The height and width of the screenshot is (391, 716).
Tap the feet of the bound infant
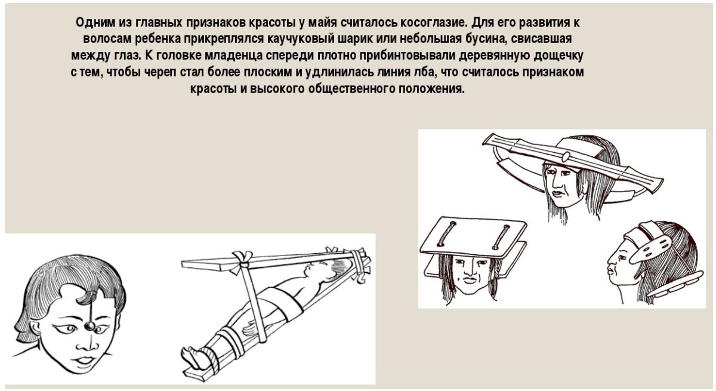(x=193, y=356)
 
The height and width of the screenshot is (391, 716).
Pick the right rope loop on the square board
(x=498, y=238)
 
